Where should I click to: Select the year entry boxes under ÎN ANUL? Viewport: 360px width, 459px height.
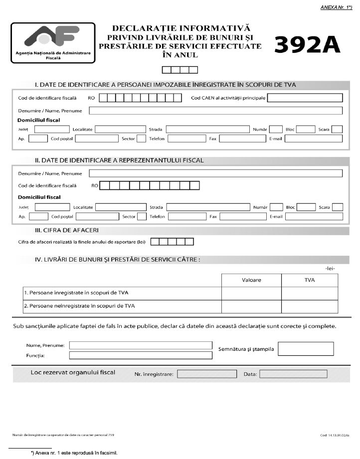[x=180, y=70]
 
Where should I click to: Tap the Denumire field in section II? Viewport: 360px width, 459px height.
[x=215, y=173]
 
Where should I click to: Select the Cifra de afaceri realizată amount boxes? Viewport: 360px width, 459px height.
[x=172, y=242]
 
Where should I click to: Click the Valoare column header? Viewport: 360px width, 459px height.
[x=251, y=280]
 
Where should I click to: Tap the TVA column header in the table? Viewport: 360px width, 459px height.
[x=310, y=280]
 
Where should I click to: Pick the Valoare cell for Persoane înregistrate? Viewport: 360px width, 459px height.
[x=251, y=293]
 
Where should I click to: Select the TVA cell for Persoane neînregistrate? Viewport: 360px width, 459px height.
[x=310, y=306]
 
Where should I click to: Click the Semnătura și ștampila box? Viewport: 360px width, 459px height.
[x=306, y=349]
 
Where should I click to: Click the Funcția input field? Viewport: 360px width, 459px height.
[x=141, y=355]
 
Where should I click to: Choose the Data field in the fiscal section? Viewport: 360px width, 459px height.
[x=286, y=374]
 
